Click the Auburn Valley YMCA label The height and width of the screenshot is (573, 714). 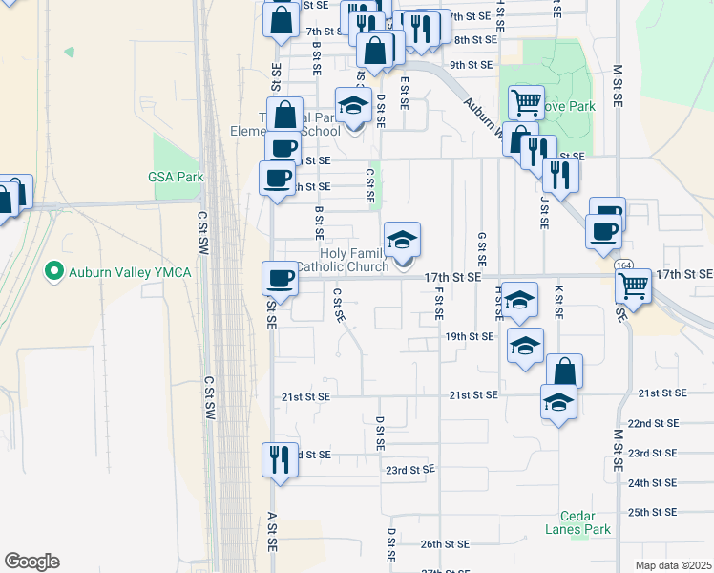(130, 272)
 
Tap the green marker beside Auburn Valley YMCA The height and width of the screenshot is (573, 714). (55, 272)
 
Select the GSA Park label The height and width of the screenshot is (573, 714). (177, 177)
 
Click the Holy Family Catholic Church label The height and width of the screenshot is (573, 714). (342, 260)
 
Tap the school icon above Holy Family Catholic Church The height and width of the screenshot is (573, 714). (402, 239)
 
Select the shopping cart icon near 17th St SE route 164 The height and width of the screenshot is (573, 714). (633, 285)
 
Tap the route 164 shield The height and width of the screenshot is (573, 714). (624, 264)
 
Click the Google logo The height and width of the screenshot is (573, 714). (31, 562)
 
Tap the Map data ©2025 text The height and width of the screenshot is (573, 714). (673, 565)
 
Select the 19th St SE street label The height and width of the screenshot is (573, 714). (469, 336)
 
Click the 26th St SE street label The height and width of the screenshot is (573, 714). (446, 544)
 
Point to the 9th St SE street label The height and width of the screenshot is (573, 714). (471, 65)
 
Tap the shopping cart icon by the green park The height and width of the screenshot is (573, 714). (526, 101)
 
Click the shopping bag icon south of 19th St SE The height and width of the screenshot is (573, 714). (564, 371)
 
